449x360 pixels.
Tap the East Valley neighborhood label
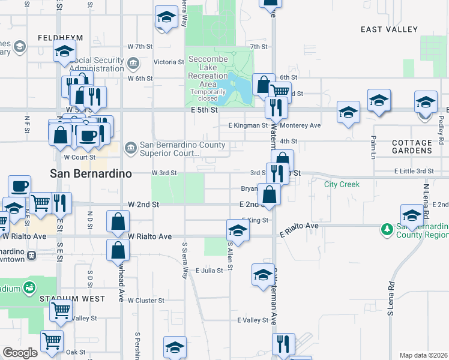click(389, 29)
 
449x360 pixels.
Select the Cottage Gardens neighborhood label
click(412, 147)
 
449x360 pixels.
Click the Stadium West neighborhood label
click(73, 298)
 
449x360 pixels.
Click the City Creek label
click(342, 184)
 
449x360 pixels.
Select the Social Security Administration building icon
click(133, 61)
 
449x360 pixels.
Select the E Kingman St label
click(248, 125)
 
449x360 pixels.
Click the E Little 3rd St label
click(414, 172)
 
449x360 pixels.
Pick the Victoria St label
click(169, 62)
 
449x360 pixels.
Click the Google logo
click(20, 353)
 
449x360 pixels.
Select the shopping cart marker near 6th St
click(279, 92)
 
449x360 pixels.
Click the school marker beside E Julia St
click(262, 275)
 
